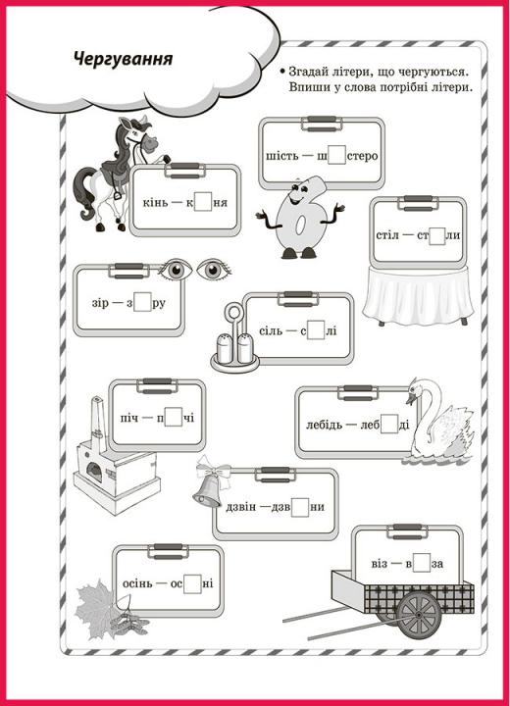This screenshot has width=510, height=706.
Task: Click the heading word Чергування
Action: tap(123, 59)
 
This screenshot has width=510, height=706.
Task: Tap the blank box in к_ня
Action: tap(203, 202)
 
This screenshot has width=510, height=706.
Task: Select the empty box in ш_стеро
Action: tap(337, 155)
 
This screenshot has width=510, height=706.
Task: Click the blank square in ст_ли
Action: tap(436, 235)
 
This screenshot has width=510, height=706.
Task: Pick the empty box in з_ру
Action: tap(142, 302)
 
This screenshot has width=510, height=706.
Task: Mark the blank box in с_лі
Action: tap(316, 330)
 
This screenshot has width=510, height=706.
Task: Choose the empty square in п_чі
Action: tap(174, 417)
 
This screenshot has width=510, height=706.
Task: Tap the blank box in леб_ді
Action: tap(389, 425)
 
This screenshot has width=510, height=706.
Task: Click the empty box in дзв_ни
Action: tap(300, 507)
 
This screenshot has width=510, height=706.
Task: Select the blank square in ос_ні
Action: tap(192, 583)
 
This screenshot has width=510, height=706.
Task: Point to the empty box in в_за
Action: tap(422, 563)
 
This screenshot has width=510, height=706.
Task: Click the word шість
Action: tap(282, 156)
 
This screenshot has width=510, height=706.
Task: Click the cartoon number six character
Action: tap(300, 218)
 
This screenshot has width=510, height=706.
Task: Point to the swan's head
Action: tap(416, 390)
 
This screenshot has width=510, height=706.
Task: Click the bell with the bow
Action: tap(210, 481)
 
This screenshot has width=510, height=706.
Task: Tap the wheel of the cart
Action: tap(419, 614)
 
